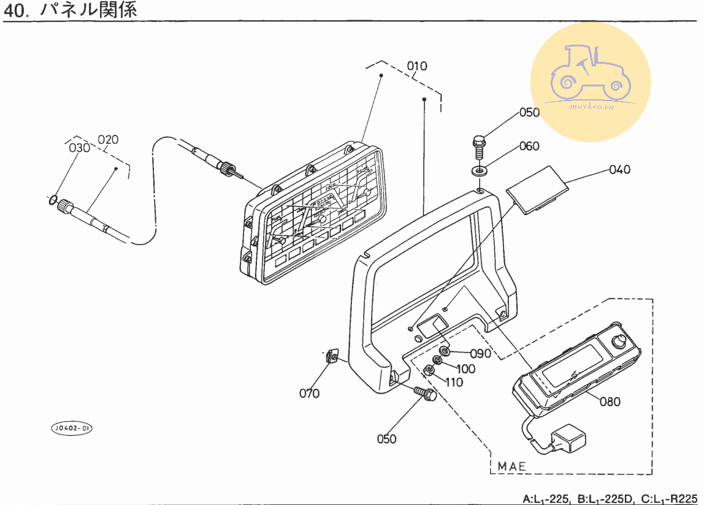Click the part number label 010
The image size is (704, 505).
click(417, 66)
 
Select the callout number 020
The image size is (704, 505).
click(108, 139)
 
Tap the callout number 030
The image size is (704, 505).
click(79, 148)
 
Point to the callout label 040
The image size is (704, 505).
click(619, 170)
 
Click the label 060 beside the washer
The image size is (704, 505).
click(529, 146)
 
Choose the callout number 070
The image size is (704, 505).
click(309, 393)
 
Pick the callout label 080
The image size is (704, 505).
click(610, 402)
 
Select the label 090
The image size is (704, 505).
click(481, 354)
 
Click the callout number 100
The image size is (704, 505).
click(465, 368)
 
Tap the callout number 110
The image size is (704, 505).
click(454, 382)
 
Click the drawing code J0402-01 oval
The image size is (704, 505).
click(71, 428)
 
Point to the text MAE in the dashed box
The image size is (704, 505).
click(511, 466)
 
